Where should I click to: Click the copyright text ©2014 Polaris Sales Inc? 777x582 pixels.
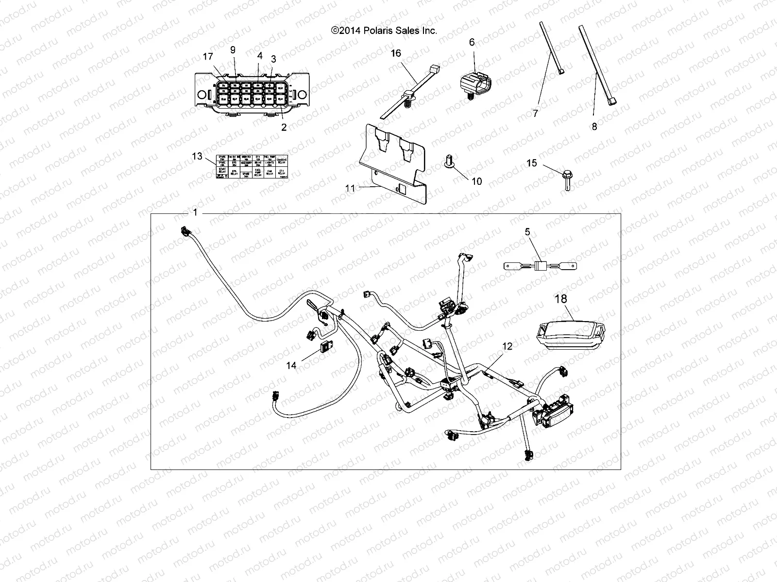[384, 30]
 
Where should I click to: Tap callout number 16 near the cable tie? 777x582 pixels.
[396, 53]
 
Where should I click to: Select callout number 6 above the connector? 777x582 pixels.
[472, 42]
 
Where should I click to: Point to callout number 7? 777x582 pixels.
[536, 113]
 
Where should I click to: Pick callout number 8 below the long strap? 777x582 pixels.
[594, 127]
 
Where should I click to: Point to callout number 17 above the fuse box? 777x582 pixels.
[208, 57]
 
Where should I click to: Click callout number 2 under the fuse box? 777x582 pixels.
[284, 127]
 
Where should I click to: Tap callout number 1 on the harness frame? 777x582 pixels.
[195, 212]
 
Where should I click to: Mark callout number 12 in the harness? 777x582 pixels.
[507, 346]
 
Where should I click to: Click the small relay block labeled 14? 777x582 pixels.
[325, 347]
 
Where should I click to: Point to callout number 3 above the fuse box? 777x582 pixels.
[273, 59]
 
